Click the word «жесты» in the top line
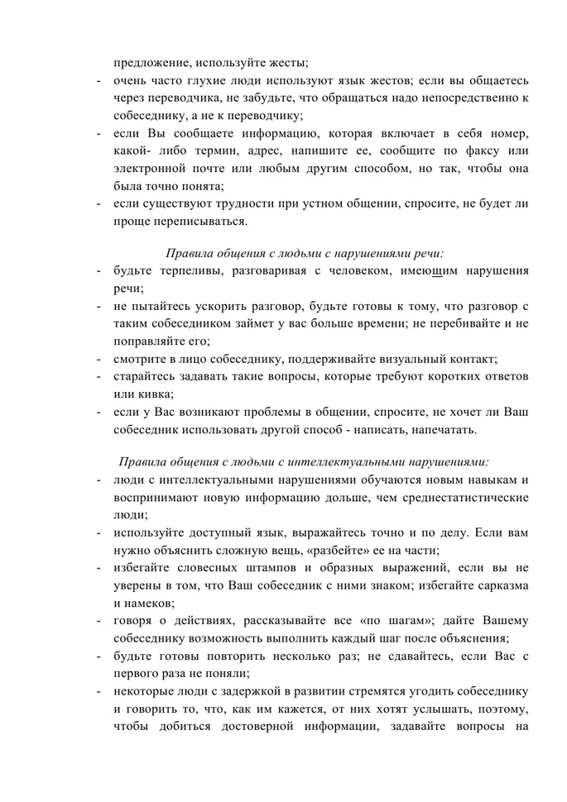284,62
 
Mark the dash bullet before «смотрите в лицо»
99,360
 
